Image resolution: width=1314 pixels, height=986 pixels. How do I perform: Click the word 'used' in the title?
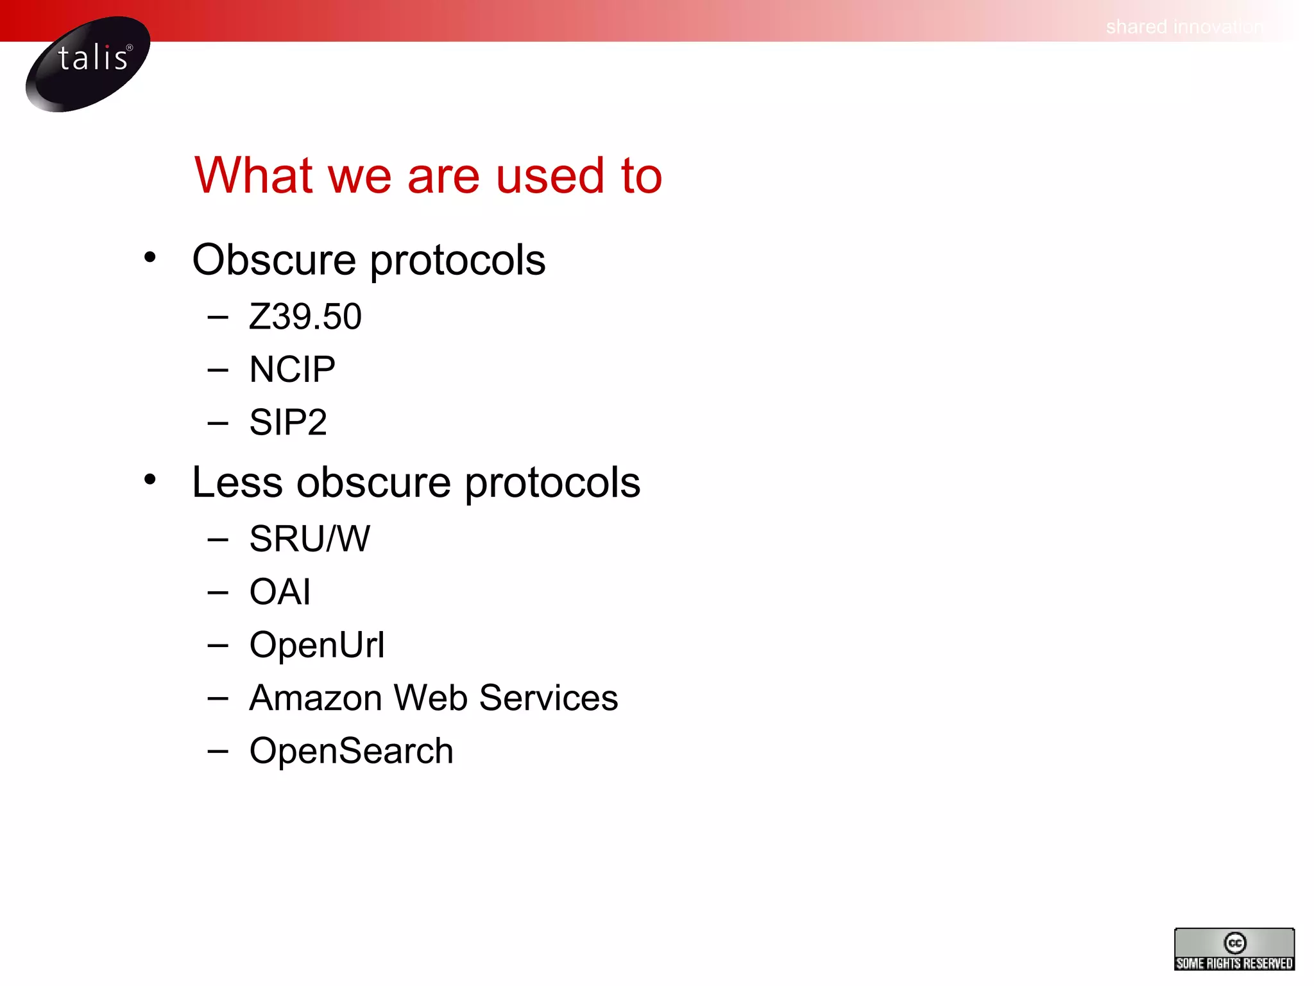click(x=550, y=175)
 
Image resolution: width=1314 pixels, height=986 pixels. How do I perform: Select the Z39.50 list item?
click(x=305, y=316)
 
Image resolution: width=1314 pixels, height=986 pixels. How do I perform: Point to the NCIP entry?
click(x=292, y=370)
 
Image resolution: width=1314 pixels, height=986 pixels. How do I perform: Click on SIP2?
click(x=288, y=422)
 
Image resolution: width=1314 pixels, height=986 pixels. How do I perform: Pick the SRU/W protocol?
click(x=309, y=539)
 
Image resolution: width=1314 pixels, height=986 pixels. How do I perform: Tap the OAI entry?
click(x=280, y=592)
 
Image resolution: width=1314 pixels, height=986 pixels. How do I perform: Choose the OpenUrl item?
click(x=317, y=644)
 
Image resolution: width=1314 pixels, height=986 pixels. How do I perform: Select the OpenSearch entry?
click(x=351, y=751)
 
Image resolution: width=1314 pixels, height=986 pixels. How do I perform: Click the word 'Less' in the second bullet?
click(x=237, y=482)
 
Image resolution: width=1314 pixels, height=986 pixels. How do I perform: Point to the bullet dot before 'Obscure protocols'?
click(x=150, y=257)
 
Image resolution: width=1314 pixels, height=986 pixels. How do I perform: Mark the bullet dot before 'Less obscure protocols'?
click(x=150, y=480)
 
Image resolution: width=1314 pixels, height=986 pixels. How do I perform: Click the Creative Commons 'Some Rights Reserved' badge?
click(x=1234, y=949)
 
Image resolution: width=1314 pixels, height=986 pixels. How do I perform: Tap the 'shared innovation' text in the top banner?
click(x=1184, y=27)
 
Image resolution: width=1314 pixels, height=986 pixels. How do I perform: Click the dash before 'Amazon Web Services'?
click(x=218, y=697)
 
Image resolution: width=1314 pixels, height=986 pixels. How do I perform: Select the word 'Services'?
click(x=549, y=698)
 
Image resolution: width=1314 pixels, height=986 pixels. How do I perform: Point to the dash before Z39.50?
click(x=218, y=316)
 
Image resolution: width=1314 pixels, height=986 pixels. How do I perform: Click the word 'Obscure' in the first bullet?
click(x=274, y=260)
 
